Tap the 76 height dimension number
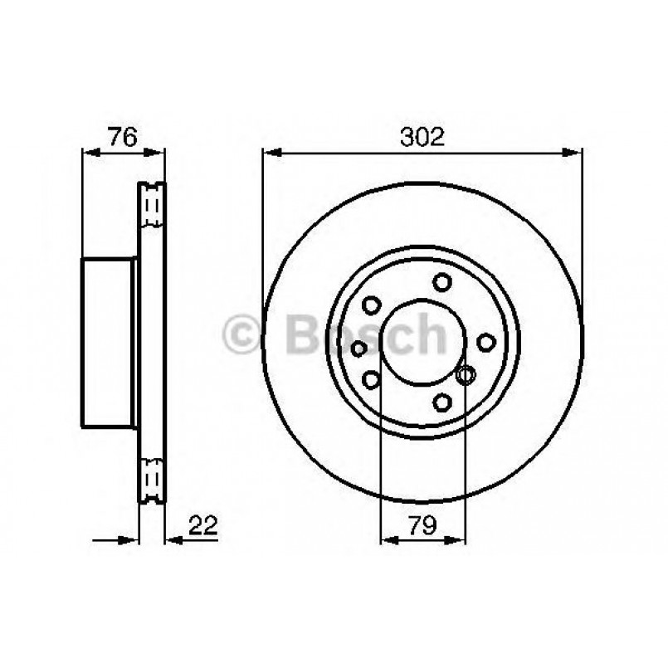(x=122, y=137)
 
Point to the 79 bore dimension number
(x=422, y=524)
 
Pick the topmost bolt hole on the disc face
(x=442, y=282)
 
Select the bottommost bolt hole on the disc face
(x=442, y=402)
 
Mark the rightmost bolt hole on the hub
(x=485, y=342)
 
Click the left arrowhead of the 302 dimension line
(x=271, y=152)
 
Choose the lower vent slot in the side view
(x=152, y=479)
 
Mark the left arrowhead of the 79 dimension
(x=388, y=539)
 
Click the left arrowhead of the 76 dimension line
(x=90, y=152)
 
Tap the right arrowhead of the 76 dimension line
(x=158, y=152)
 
